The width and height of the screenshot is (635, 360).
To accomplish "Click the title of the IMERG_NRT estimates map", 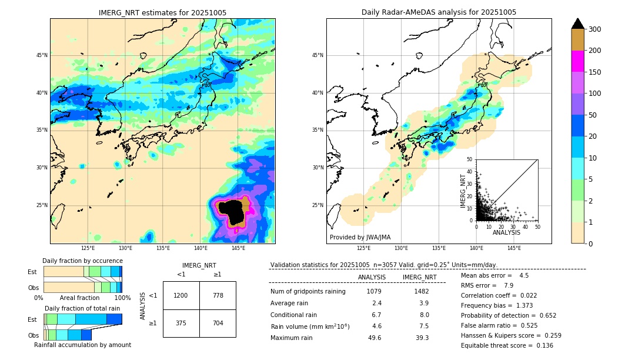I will (162, 12).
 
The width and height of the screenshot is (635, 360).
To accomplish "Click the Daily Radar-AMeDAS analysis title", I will (439, 12).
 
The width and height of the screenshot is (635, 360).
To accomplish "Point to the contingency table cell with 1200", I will (181, 295).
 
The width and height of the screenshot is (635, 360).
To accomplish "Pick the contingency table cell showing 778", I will (218, 295).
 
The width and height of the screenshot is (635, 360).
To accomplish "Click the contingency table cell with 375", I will (181, 323).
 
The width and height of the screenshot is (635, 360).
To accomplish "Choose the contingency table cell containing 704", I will (218, 323).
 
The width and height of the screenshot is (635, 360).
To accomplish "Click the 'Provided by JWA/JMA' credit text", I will (360, 238).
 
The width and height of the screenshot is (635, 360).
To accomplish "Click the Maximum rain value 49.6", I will (375, 338).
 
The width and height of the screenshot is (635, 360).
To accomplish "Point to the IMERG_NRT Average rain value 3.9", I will (423, 303).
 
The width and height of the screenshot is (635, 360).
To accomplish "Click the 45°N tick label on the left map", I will (41, 55).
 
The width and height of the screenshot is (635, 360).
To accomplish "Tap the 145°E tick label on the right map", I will (514, 248).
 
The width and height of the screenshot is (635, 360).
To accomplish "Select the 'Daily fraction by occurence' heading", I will (82, 261).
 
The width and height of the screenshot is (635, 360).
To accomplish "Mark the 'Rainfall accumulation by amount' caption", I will (82, 345).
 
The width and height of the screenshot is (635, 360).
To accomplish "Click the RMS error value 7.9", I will (509, 285).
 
